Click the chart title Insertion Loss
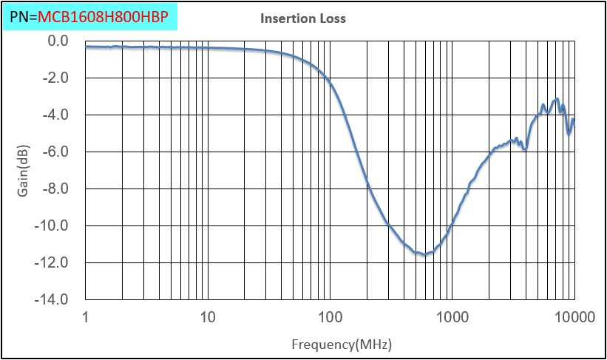302,18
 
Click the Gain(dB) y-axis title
23,171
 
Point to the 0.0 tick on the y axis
58,41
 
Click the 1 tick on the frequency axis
86,317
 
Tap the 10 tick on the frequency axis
208,317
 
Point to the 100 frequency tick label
330,317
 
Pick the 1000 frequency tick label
452,317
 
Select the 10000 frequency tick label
574,317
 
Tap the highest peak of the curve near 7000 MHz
557,98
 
